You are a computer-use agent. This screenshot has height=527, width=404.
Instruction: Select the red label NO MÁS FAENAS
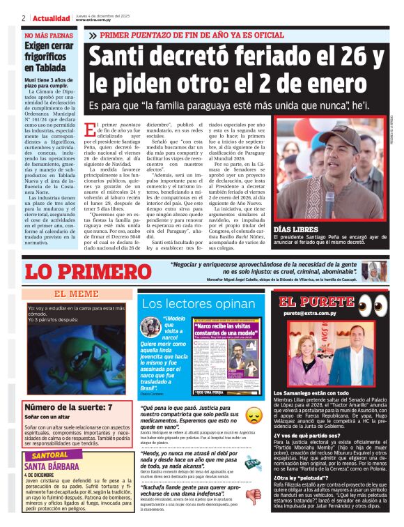[48, 35]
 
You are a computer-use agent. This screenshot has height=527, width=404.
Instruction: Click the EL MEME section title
[77, 294]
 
